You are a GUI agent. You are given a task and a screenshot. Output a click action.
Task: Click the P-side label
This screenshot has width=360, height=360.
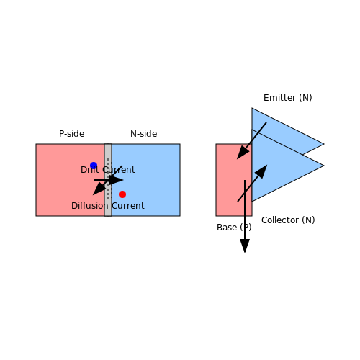pos(72,134)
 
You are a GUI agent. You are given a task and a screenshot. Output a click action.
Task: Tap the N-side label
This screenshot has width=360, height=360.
pos(144,134)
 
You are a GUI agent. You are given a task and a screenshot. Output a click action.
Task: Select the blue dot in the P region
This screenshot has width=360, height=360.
pos(94,166)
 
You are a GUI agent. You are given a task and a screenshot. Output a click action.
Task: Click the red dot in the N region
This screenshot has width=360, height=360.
pos(122,194)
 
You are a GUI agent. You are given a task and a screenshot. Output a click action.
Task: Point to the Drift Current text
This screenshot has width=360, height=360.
pos(108,170)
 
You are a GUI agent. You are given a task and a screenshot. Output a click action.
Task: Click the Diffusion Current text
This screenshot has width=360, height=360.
pos(108,206)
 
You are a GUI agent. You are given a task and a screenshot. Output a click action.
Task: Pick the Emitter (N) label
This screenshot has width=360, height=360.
pos(288,98)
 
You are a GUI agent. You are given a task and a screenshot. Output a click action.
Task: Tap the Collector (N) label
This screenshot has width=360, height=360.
pos(288,220)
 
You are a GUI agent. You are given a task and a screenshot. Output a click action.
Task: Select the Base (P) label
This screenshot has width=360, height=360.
pos(234,228)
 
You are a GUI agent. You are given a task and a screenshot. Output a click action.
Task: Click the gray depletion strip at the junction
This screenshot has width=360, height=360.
pos(108,180)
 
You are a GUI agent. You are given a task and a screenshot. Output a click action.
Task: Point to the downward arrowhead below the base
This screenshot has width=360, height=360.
pos(245,246)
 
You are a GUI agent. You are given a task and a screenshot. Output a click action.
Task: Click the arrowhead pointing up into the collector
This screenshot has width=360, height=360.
pos(262,171)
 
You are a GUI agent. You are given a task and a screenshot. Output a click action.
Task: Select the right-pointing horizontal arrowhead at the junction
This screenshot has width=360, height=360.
pos(117,180)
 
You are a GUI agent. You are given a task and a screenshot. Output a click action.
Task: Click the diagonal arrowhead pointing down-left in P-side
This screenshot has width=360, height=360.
pos(99,189)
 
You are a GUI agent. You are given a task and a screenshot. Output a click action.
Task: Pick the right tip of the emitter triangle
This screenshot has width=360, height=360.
pos(324,144)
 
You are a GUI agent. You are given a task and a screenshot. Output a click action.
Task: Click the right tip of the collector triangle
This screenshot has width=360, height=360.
pos(324,166)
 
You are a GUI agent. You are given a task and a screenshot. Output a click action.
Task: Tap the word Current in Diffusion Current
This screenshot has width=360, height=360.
pos(128,206)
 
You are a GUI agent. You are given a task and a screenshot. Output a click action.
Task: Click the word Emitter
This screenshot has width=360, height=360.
pos(279,98)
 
